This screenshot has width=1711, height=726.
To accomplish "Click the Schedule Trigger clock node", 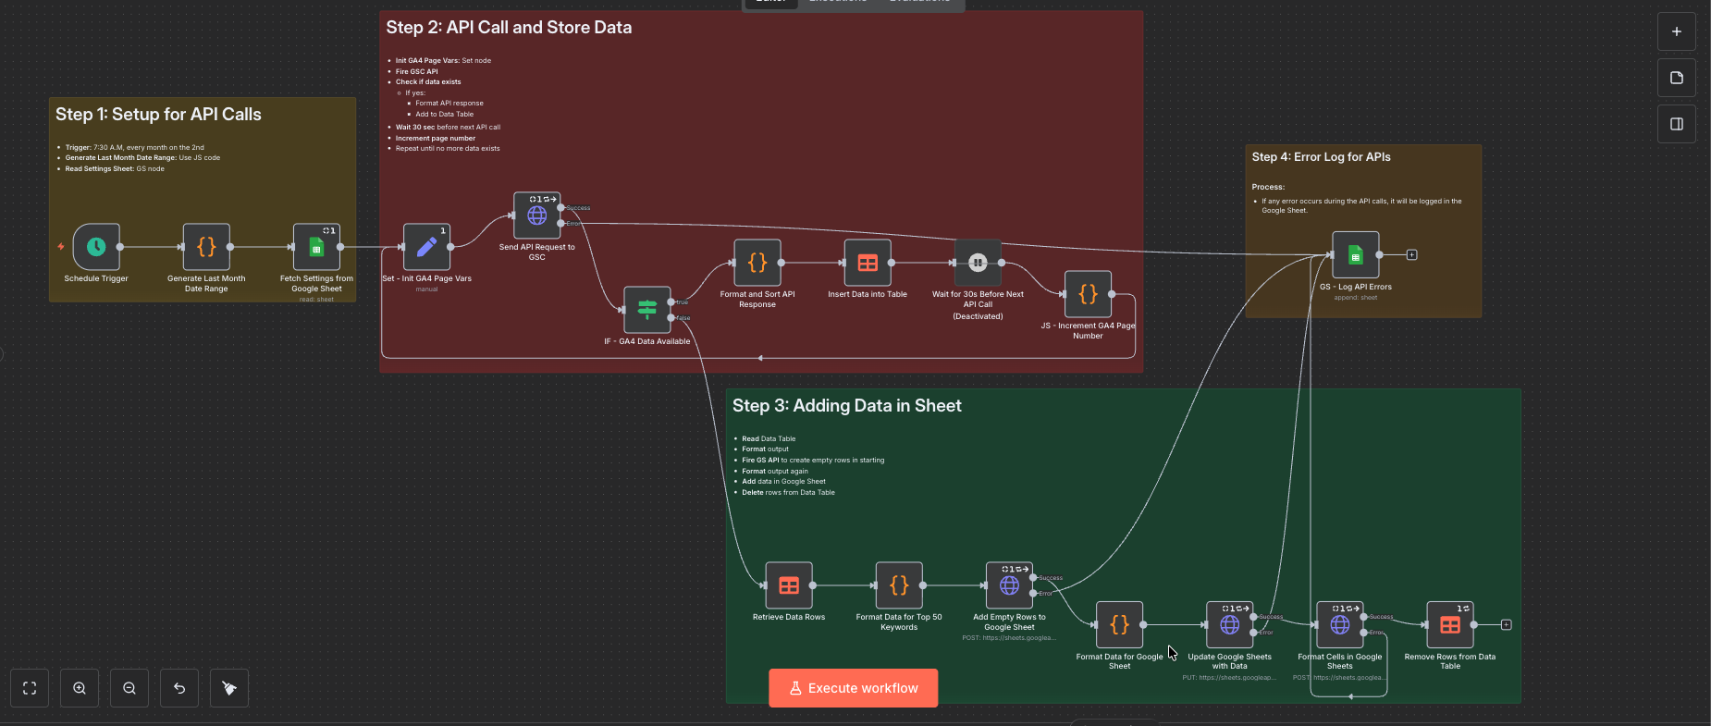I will (x=96, y=247).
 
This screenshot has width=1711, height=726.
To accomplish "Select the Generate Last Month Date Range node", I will (x=206, y=247).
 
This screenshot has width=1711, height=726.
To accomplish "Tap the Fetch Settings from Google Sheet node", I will (x=316, y=247).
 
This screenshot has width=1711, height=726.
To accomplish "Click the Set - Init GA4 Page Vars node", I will (x=426, y=247).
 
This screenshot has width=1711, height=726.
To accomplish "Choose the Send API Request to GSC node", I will (x=536, y=215).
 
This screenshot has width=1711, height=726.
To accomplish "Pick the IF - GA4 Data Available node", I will (x=646, y=309).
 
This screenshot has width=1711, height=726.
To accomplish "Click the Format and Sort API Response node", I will (x=757, y=263).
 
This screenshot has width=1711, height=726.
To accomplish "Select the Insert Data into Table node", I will (x=868, y=263).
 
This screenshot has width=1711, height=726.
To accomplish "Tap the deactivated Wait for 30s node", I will (x=978, y=263).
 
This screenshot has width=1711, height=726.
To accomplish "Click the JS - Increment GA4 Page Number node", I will (x=1088, y=294).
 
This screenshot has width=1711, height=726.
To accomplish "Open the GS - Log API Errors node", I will (x=1355, y=254).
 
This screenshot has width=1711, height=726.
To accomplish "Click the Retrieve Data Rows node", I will (x=789, y=585).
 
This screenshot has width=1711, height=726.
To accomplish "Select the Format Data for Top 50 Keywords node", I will (x=899, y=585).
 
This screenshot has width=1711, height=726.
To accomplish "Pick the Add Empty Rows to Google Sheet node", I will (x=1009, y=585).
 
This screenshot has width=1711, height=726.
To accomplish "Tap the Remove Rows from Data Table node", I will (x=1450, y=625).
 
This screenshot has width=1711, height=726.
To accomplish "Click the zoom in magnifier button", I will (x=80, y=688).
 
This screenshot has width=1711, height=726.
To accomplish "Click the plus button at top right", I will (x=1676, y=31).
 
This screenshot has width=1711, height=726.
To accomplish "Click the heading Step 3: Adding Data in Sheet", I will (x=846, y=406).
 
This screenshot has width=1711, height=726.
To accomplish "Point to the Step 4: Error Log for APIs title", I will (x=1321, y=157).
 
